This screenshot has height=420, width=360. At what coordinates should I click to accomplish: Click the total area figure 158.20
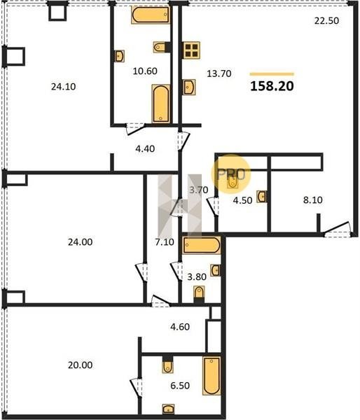click(x=272, y=86)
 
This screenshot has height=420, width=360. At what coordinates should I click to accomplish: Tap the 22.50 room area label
click(x=326, y=20)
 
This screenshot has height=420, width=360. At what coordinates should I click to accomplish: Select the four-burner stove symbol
click(x=191, y=50)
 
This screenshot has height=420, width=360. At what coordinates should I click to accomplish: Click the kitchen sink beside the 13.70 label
click(x=189, y=87)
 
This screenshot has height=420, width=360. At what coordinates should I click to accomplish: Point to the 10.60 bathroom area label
click(x=145, y=71)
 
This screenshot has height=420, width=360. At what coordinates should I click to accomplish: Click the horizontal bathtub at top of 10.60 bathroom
click(x=151, y=15)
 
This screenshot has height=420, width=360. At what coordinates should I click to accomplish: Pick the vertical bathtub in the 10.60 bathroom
click(x=161, y=104)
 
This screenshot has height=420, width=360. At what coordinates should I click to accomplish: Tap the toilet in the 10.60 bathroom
click(x=160, y=47)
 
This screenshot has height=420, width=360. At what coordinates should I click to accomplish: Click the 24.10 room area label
click(x=64, y=87)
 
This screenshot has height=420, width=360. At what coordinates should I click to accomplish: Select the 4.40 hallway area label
click(x=145, y=148)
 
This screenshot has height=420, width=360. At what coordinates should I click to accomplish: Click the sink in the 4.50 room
click(x=261, y=197)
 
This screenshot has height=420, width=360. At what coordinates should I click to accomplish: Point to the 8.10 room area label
click(x=313, y=199)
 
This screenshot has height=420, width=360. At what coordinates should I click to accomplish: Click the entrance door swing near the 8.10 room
click(x=337, y=230)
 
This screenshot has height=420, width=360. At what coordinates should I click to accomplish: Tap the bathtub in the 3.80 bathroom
click(x=202, y=245)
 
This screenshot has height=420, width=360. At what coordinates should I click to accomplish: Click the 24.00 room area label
click(x=80, y=242)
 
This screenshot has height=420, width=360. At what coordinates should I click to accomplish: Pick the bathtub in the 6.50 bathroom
click(x=212, y=376)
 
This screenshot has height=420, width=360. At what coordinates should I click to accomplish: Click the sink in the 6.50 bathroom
click(x=168, y=409)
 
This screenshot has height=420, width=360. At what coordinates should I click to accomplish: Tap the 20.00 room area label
click(x=80, y=365)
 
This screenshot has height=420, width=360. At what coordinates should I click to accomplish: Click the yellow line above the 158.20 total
click(x=272, y=74)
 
